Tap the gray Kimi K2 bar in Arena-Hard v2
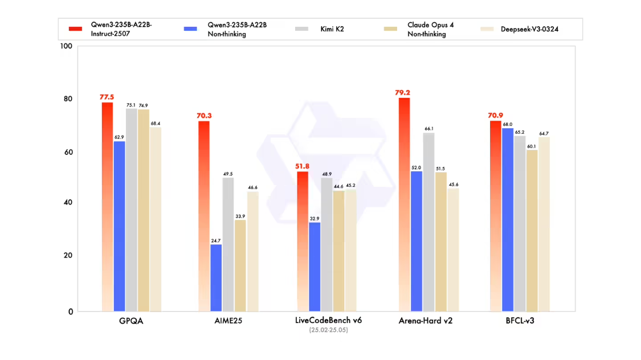click(x=428, y=222)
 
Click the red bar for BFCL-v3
click(x=495, y=216)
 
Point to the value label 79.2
click(x=403, y=92)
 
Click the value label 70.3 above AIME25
click(x=203, y=116)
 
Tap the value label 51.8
click(x=303, y=166)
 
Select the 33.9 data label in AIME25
click(x=240, y=216)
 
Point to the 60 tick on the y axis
click(x=67, y=153)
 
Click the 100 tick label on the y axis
click(x=66, y=46)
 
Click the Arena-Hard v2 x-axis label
click(x=425, y=321)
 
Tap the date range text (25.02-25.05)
click(x=328, y=330)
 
